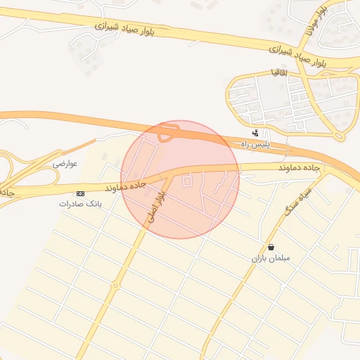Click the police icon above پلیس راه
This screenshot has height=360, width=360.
pyautogui.click(x=256, y=133)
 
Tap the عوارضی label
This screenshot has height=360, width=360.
pyautogui.click(x=65, y=163)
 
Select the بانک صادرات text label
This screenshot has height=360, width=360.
pyautogui.click(x=80, y=204)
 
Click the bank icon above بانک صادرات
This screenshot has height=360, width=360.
pyautogui.click(x=80, y=193)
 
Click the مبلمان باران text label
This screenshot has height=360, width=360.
pyautogui.click(x=271, y=258)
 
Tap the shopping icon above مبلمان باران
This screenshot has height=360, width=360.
pyautogui.click(x=271, y=247)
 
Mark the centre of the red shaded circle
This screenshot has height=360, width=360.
pyautogui.click(x=180, y=179)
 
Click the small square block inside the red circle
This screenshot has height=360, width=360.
pyautogui.click(x=187, y=181)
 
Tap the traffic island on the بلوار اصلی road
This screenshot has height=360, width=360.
pyautogui.click(x=115, y=285)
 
